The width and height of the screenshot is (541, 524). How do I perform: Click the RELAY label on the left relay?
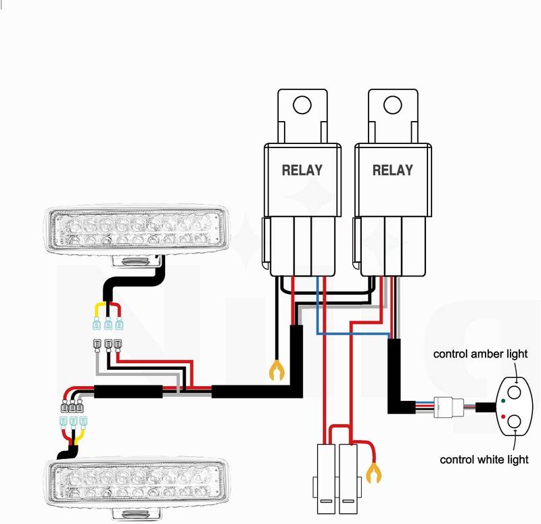302,170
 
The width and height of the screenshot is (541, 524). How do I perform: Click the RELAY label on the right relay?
392,170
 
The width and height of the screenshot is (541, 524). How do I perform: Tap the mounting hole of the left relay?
302,105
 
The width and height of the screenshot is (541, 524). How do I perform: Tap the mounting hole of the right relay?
392,105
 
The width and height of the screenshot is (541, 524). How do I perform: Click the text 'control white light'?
484,460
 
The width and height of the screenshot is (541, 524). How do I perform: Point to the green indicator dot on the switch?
504,400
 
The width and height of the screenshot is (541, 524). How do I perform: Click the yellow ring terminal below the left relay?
276,371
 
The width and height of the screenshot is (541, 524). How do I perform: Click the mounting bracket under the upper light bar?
139,261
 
